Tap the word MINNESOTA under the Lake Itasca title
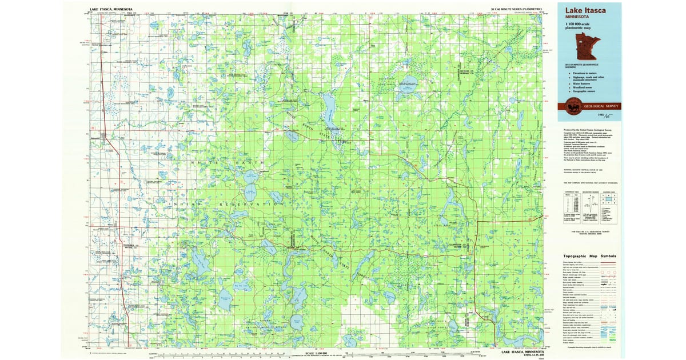[x=579, y=17]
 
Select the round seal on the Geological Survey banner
[x=571, y=106]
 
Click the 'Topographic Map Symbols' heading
[x=589, y=256]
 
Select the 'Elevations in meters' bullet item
[x=584, y=73]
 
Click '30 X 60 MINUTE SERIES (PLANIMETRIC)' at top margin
[x=516, y=10]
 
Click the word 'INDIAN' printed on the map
[x=182, y=202]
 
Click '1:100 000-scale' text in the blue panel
[x=580, y=25]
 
